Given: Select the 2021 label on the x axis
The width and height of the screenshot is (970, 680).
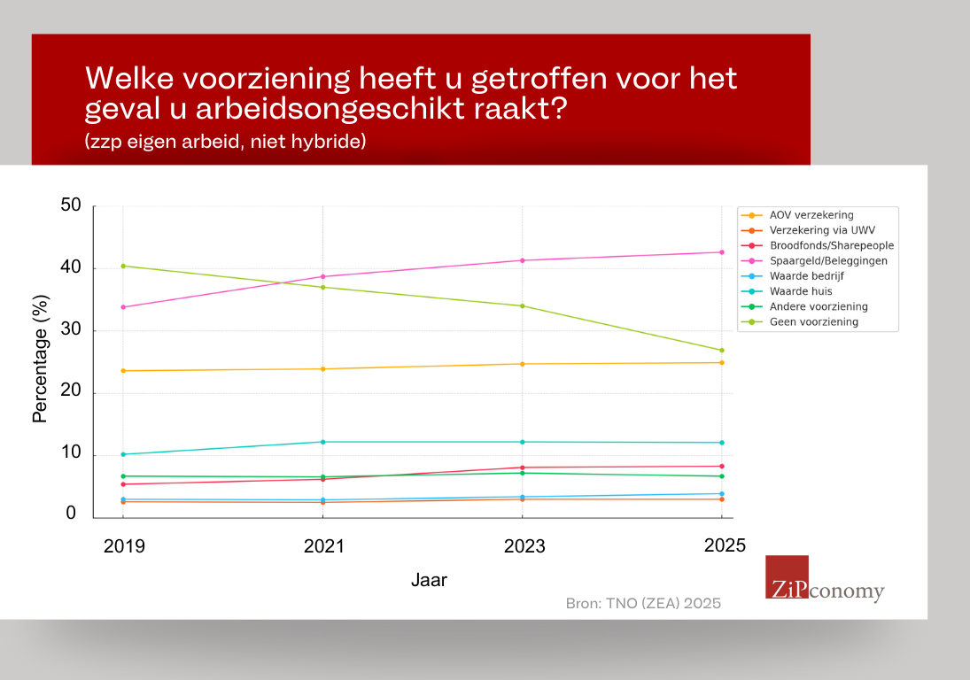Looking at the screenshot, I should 323,546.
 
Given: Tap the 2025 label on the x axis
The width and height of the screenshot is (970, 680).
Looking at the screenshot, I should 725,545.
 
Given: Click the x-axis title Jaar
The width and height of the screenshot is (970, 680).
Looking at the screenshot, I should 430,581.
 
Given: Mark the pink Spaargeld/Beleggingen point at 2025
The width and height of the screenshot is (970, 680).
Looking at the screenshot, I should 722,252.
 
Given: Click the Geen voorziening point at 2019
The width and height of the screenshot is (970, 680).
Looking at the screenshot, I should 122,266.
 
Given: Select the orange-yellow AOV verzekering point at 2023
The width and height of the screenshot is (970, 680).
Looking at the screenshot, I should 523,364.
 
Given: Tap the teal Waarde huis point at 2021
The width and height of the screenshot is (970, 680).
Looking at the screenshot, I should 322,442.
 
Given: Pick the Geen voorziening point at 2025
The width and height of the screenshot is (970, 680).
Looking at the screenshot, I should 722,351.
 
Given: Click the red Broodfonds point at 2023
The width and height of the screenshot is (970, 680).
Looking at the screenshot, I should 523,467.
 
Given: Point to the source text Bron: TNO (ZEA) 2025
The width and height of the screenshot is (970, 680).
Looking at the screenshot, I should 644,603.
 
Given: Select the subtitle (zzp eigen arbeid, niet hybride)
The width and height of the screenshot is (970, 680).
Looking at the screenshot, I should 226,142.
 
